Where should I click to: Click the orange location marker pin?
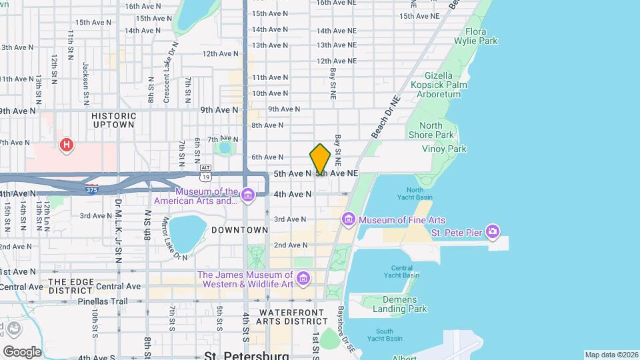320,159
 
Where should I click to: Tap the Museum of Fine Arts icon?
348,219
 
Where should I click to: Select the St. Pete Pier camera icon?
493,232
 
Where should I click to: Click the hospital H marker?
66,145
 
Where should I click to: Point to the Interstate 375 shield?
92,189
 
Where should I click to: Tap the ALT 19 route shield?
207,173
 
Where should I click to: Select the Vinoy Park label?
447,149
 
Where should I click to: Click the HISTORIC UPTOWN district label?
114,120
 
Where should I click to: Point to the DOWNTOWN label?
239,230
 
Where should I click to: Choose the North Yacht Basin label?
415,193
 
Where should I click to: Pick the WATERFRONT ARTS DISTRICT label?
295,317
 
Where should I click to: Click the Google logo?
22,351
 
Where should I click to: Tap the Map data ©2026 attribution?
611,355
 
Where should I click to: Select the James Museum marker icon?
303,277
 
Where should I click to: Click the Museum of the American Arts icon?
248,195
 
